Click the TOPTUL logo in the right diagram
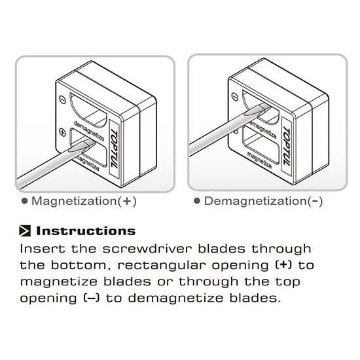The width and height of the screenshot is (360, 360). coord(287,147)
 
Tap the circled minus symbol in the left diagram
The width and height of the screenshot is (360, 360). coord(62,99)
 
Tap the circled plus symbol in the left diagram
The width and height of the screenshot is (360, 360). coord(62,132)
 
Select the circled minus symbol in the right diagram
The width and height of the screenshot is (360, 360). coord(234,96)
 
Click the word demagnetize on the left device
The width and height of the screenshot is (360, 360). coord(89,130)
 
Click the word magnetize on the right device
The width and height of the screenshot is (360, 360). coord(259,160)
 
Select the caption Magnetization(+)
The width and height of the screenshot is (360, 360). coord(84,201)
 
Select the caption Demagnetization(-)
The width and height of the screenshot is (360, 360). coord(263,201)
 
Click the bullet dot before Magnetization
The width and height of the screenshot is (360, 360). coord(24,201)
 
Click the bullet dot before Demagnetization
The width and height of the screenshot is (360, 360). coord(197,201)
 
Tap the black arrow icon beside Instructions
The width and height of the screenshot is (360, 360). coord(25,231)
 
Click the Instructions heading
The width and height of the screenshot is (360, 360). coord(86,231)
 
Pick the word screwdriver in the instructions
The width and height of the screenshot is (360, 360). coord(147,249)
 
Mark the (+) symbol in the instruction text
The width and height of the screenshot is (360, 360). coord(283,265)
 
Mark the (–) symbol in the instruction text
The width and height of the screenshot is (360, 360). coord(92,298)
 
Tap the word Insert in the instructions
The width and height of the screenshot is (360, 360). coord(43,249)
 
